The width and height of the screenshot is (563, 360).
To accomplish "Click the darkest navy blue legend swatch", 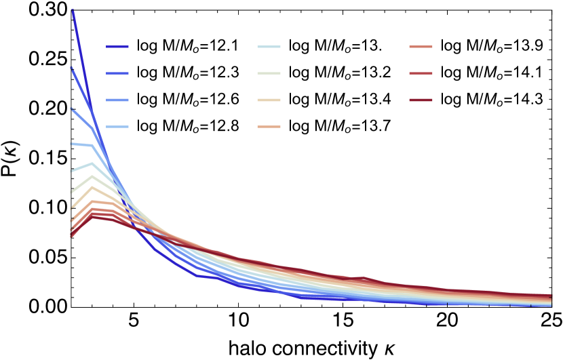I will pos(117,47).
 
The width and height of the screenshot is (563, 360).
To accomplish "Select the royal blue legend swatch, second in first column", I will pos(117,74).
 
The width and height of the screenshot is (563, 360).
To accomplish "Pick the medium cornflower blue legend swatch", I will pos(117,100).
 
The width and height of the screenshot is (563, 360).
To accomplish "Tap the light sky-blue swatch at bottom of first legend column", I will pos(117,127).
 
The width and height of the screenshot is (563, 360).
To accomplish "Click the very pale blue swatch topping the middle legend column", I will pos(269,47).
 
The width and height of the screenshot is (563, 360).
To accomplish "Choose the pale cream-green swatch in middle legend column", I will pos(269,74).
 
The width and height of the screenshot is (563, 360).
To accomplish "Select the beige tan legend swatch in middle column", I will pos(269,100).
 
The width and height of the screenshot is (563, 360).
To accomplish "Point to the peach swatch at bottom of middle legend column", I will pos(269,127).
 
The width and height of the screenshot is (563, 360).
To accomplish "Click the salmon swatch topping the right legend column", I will pos(421,47).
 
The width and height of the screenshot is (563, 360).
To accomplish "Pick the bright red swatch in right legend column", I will pos(421,74).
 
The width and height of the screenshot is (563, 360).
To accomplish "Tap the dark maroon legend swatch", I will pos(421,100).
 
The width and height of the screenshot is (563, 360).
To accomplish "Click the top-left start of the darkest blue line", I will pos(72,9).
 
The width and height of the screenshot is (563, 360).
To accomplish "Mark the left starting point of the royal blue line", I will pos(71,68).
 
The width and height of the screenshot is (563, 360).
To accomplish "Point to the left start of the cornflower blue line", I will pos(71,108).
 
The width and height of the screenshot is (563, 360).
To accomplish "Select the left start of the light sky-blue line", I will pos(71,144).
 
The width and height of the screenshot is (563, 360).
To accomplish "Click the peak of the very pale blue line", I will pos(92,163).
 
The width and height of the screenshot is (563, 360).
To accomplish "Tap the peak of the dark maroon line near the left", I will pos(92,217).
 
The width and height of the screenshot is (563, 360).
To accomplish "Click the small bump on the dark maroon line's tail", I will pos(364,278).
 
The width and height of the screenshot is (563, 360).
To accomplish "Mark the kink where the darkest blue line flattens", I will pos(197,275).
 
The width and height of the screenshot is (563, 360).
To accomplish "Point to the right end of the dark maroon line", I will pos(551,296).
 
